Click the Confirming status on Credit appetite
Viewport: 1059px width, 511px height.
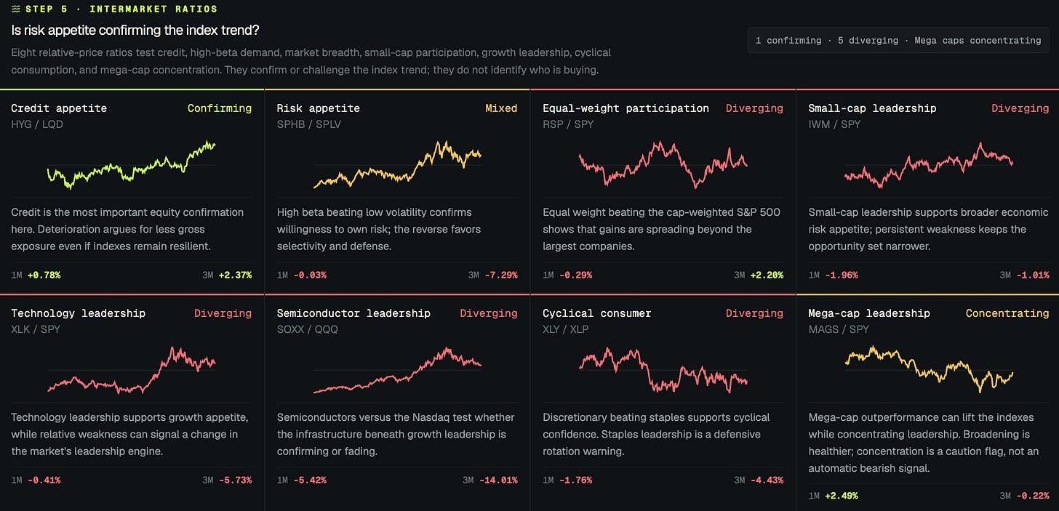[x=220, y=108]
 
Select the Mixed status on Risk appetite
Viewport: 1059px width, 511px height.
[x=501, y=108]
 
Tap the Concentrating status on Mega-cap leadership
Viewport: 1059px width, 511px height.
[x=1007, y=313]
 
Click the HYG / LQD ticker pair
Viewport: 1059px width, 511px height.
[x=37, y=124]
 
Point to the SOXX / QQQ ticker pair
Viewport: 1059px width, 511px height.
[x=307, y=329]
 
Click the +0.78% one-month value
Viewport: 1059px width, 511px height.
[x=44, y=275]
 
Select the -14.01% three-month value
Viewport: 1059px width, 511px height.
[x=498, y=480]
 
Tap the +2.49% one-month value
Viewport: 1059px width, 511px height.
[x=842, y=496]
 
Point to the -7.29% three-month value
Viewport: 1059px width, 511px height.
[x=501, y=275]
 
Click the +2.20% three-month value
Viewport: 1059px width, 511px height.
[x=767, y=275]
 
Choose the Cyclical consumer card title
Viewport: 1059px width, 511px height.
[x=596, y=313]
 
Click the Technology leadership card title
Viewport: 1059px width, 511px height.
[x=78, y=313]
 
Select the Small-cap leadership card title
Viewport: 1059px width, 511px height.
[x=872, y=108]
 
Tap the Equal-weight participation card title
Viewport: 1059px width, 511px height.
[x=626, y=108]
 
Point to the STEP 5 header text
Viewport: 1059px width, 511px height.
[x=47, y=9]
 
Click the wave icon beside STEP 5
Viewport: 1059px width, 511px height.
[x=16, y=9]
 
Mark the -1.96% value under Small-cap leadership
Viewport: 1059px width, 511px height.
[x=842, y=275]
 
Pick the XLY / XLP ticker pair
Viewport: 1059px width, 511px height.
[x=565, y=329]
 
